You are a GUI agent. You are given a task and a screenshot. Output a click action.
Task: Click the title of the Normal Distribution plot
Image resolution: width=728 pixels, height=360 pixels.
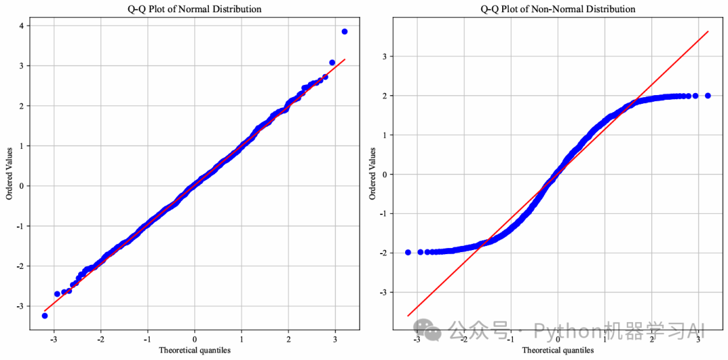click(194, 9)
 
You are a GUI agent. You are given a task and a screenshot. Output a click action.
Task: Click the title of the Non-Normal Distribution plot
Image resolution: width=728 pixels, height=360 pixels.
click(557, 9)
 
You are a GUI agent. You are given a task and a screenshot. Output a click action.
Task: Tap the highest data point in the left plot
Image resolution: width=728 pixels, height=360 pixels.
click(344, 32)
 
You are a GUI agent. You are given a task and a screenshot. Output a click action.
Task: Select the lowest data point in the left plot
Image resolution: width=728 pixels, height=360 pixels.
click(44, 316)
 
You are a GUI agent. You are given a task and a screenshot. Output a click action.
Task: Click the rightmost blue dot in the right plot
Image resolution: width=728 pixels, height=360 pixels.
click(708, 96)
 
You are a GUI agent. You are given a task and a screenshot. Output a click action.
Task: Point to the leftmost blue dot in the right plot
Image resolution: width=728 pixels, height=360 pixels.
click(408, 252)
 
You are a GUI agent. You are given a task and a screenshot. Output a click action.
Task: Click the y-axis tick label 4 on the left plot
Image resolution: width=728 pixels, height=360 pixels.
click(22, 26)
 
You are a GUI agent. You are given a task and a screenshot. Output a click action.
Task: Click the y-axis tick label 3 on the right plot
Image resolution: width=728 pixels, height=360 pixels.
click(385, 57)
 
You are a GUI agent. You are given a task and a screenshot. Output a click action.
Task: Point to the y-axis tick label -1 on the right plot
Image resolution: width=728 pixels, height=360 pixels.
click(383, 214)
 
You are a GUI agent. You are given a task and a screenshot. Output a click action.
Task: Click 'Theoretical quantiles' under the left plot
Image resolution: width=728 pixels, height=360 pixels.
click(194, 350)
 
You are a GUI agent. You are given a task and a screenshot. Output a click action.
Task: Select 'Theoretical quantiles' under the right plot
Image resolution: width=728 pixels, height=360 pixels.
click(557, 350)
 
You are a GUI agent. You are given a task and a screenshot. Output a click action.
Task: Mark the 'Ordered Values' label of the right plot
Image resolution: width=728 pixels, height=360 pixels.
click(372, 175)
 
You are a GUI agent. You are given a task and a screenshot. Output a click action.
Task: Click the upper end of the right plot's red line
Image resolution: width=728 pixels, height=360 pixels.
click(708, 31)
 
